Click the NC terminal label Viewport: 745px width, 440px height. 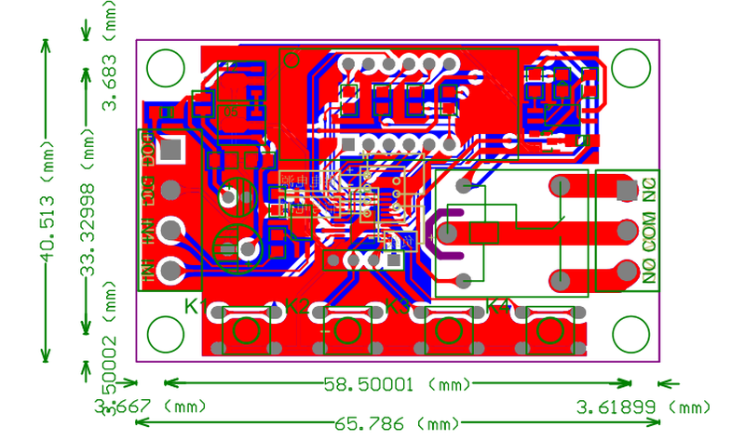(650, 189)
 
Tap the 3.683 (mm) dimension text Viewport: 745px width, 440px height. (111, 65)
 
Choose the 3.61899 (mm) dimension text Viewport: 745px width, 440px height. (643, 407)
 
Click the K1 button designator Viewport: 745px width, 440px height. (195, 306)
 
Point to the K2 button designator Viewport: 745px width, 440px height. (297, 306)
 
